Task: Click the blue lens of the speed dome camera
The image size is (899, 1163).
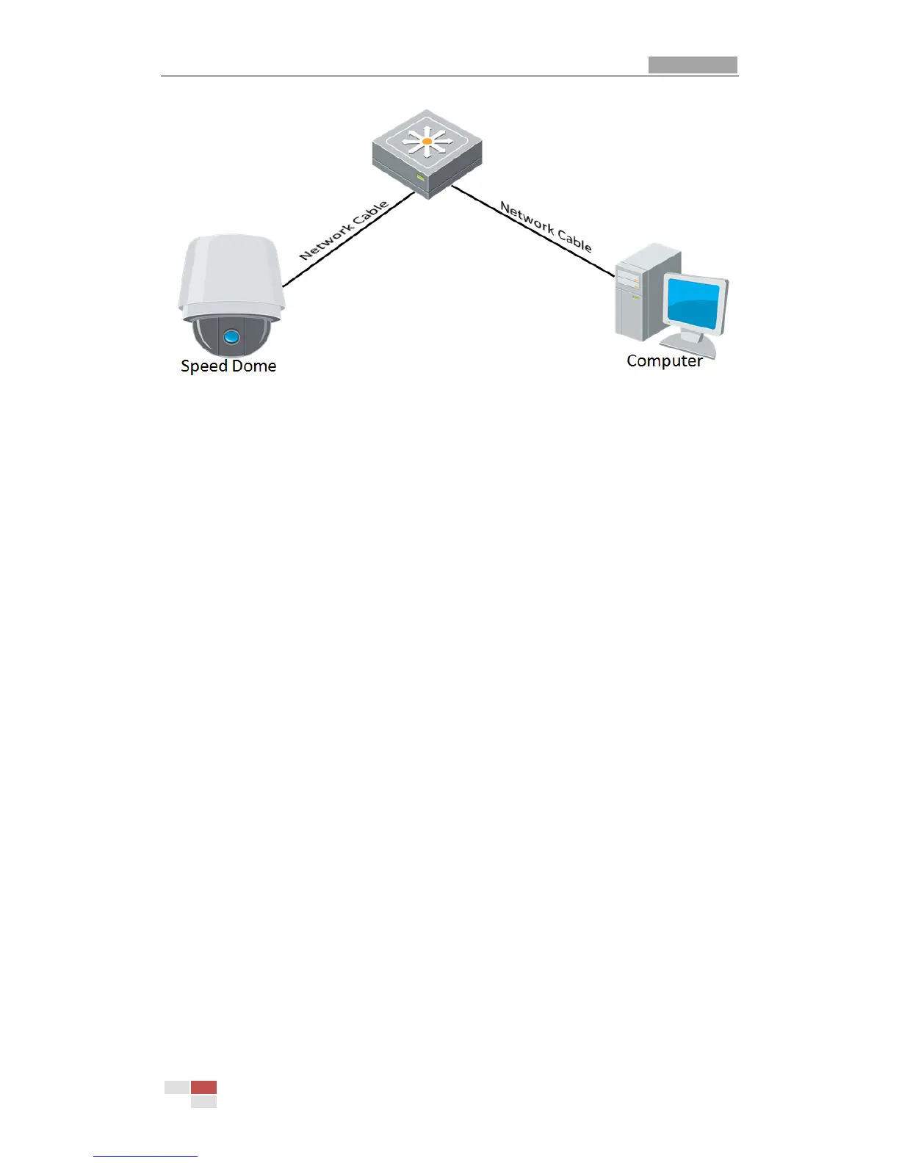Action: (231, 337)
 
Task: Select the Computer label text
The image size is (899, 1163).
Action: (664, 361)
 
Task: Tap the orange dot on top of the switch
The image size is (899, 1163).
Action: (427, 140)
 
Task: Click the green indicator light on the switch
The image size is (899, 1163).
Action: (420, 178)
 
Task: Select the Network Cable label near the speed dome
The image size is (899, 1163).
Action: (344, 230)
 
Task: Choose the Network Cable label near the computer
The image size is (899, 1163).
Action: (546, 226)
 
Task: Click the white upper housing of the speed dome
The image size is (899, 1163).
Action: (230, 272)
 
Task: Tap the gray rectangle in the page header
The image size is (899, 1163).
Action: (693, 65)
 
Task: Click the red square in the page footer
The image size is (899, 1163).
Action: (203, 1087)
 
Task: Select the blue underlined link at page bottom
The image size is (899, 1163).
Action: (145, 1156)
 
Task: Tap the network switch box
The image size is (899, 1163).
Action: (427, 154)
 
